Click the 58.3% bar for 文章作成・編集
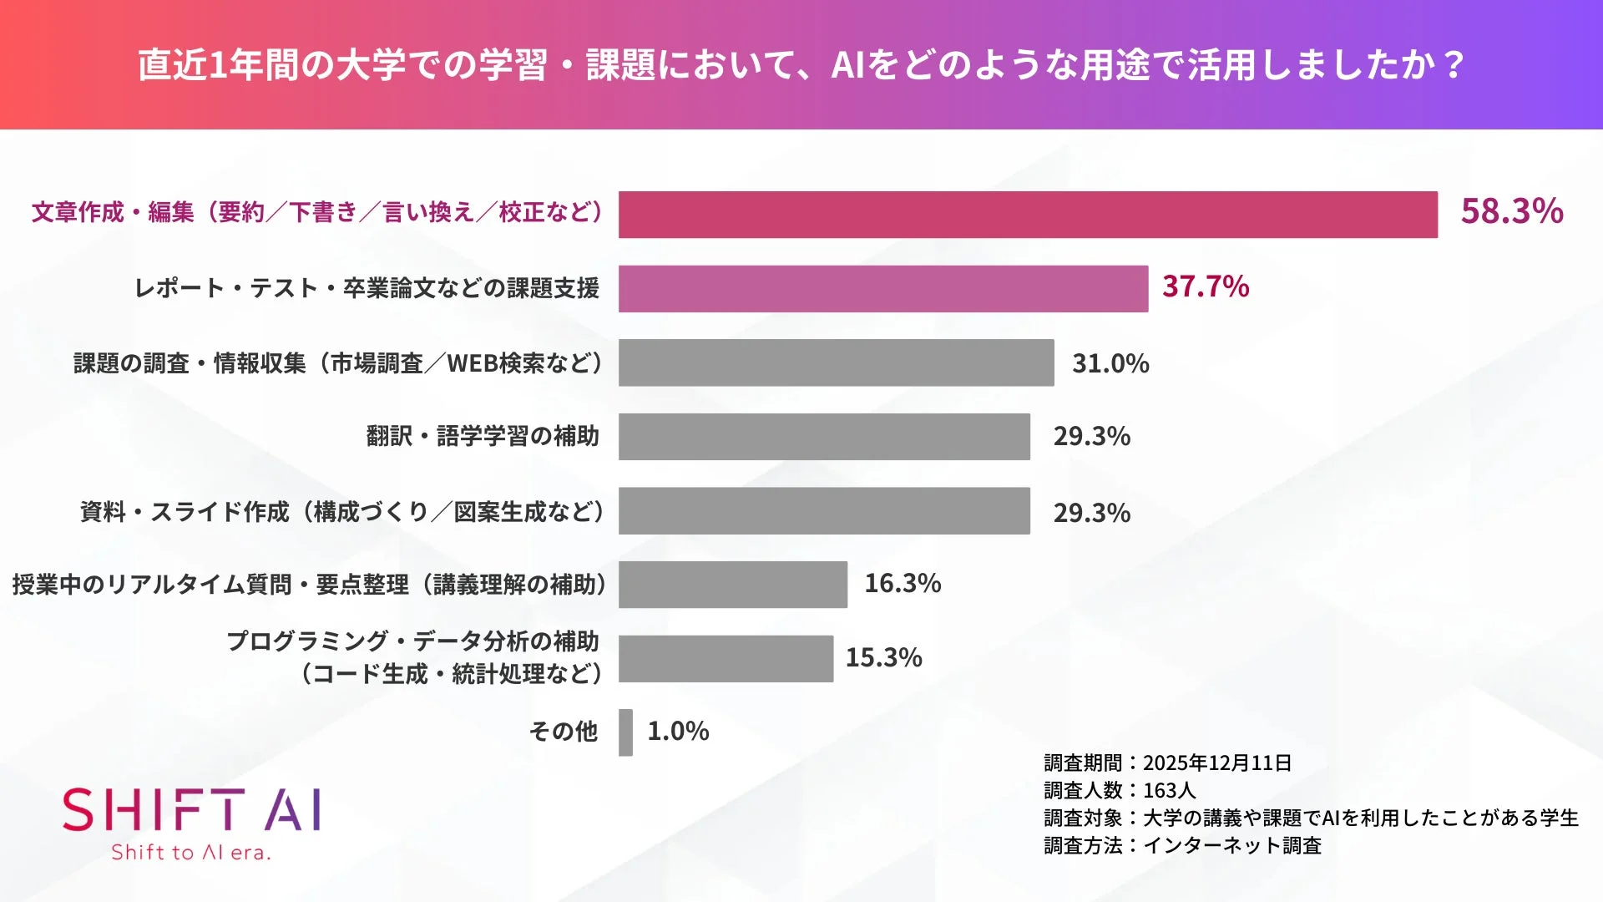pyautogui.click(x=1027, y=215)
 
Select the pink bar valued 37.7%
pyautogui.click(x=882, y=289)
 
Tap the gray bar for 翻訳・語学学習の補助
pyautogui.click(x=824, y=437)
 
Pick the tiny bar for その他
pyautogui.click(x=625, y=732)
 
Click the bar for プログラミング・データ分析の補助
pyautogui.click(x=726, y=659)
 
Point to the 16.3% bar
pyautogui.click(x=732, y=585)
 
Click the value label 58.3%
pyautogui.click(x=1511, y=211)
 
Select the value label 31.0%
pyautogui.click(x=1110, y=364)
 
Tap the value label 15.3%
pyautogui.click(x=883, y=658)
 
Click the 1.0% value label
pyautogui.click(x=678, y=732)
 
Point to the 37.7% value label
pyautogui.click(x=1205, y=287)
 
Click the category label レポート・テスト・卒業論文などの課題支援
pyautogui.click(x=367, y=289)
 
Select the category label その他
pyautogui.click(x=564, y=732)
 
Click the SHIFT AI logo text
pyautogui.click(x=191, y=810)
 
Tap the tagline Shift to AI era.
pyautogui.click(x=191, y=853)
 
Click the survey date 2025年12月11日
pyautogui.click(x=1216, y=763)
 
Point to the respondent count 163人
pyautogui.click(x=1169, y=791)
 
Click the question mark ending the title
pyautogui.click(x=1454, y=65)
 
